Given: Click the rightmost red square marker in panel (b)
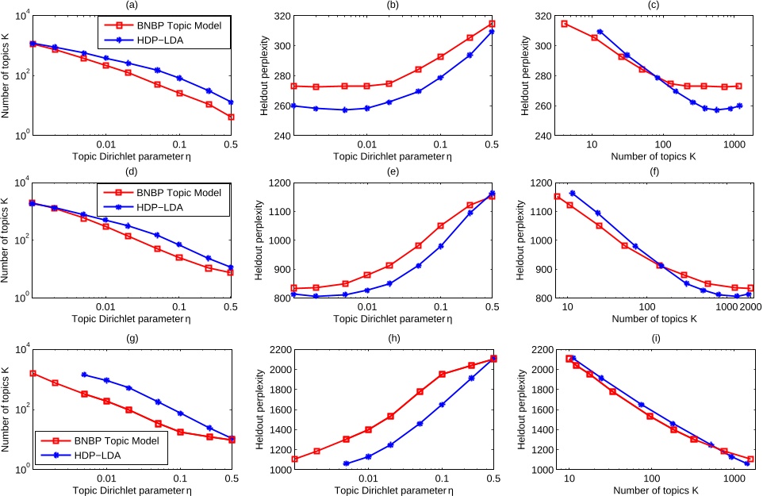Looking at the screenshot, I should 492,24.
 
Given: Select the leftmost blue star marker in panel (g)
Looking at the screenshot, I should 84,375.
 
